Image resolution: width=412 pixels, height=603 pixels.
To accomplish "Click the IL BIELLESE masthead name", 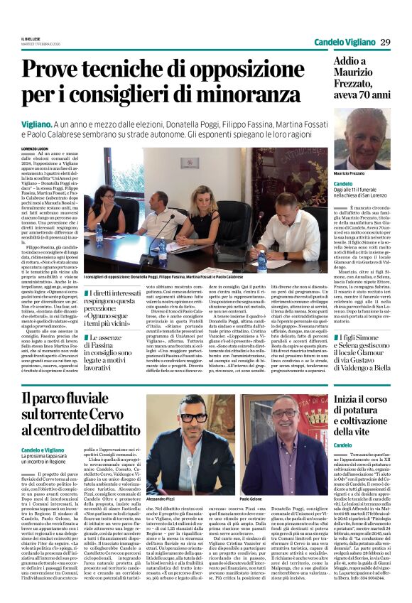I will tap(32, 38).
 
